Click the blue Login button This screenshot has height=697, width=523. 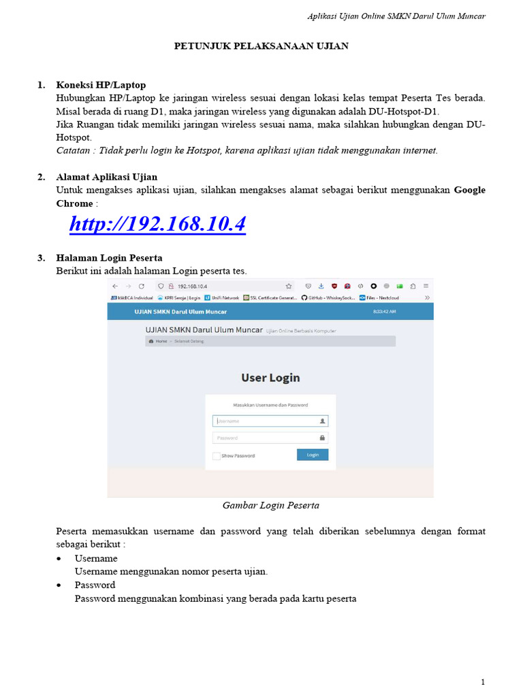tap(313, 455)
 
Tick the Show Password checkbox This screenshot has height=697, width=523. tap(217, 455)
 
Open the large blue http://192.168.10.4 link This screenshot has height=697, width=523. tap(157, 224)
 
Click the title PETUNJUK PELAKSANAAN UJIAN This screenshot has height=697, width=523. tap(261, 46)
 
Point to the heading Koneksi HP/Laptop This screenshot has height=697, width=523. tap(101, 85)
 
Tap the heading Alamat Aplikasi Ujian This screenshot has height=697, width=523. tap(106, 177)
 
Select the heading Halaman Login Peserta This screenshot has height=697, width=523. tap(109, 258)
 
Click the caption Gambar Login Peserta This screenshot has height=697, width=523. tap(271, 506)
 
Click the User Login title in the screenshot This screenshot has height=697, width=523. tap(270, 378)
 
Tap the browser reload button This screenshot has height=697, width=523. tap(142, 287)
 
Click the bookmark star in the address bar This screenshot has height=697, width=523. tap(289, 287)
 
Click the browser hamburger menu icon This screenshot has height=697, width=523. tap(426, 287)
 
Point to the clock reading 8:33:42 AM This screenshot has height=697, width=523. tap(385, 312)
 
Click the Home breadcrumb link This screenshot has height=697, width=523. tap(161, 341)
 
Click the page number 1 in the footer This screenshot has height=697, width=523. tap(482, 681)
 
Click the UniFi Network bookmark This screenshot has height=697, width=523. tap(222, 297)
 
